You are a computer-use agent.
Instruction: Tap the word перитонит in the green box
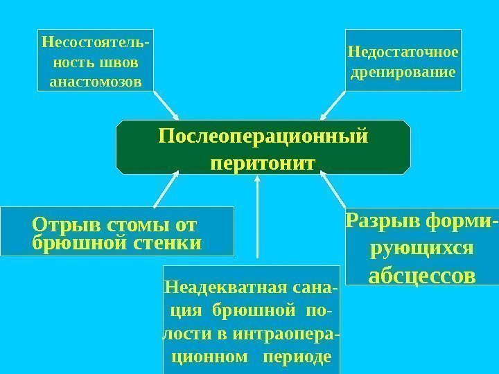(x=262, y=163)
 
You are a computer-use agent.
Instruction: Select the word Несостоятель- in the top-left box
(x=94, y=42)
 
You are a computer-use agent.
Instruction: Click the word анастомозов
(x=95, y=82)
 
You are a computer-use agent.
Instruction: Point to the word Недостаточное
(x=403, y=52)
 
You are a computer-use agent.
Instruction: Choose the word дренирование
(x=403, y=72)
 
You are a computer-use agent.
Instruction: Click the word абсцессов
(x=422, y=276)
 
